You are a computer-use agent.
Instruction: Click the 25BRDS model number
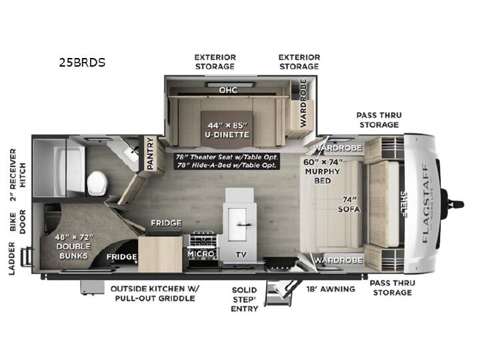tap(83, 63)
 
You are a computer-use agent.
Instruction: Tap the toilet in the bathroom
tap(97, 183)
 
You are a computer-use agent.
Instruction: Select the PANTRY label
tap(150, 154)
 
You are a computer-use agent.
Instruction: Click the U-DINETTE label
tap(227, 135)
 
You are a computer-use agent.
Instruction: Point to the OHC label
tap(228, 90)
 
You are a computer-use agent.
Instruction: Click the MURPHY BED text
tap(323, 176)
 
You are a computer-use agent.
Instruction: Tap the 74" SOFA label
tap(349, 205)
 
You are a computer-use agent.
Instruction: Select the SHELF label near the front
tap(404, 204)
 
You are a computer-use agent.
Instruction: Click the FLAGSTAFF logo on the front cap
tap(425, 203)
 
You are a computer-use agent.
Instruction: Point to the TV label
tap(241, 255)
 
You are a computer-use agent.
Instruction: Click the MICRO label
tap(201, 254)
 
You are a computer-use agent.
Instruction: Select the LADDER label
tap(11, 259)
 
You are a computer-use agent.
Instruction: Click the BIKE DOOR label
tap(17, 221)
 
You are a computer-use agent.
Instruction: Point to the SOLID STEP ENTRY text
tap(244, 299)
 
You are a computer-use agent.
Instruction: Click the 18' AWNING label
tap(331, 289)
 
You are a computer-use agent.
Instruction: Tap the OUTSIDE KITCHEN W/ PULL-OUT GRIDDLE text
tap(155, 293)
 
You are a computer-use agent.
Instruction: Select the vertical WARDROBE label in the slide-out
tap(303, 103)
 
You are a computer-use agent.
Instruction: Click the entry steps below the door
tap(279, 293)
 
